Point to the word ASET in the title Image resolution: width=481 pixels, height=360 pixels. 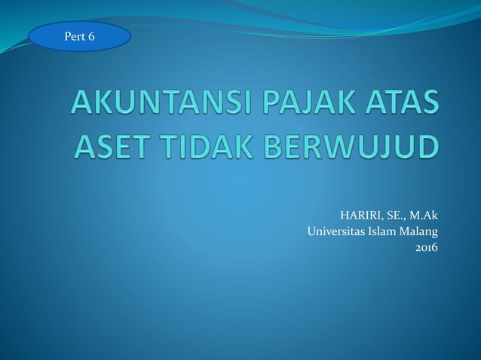[x=114, y=144]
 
